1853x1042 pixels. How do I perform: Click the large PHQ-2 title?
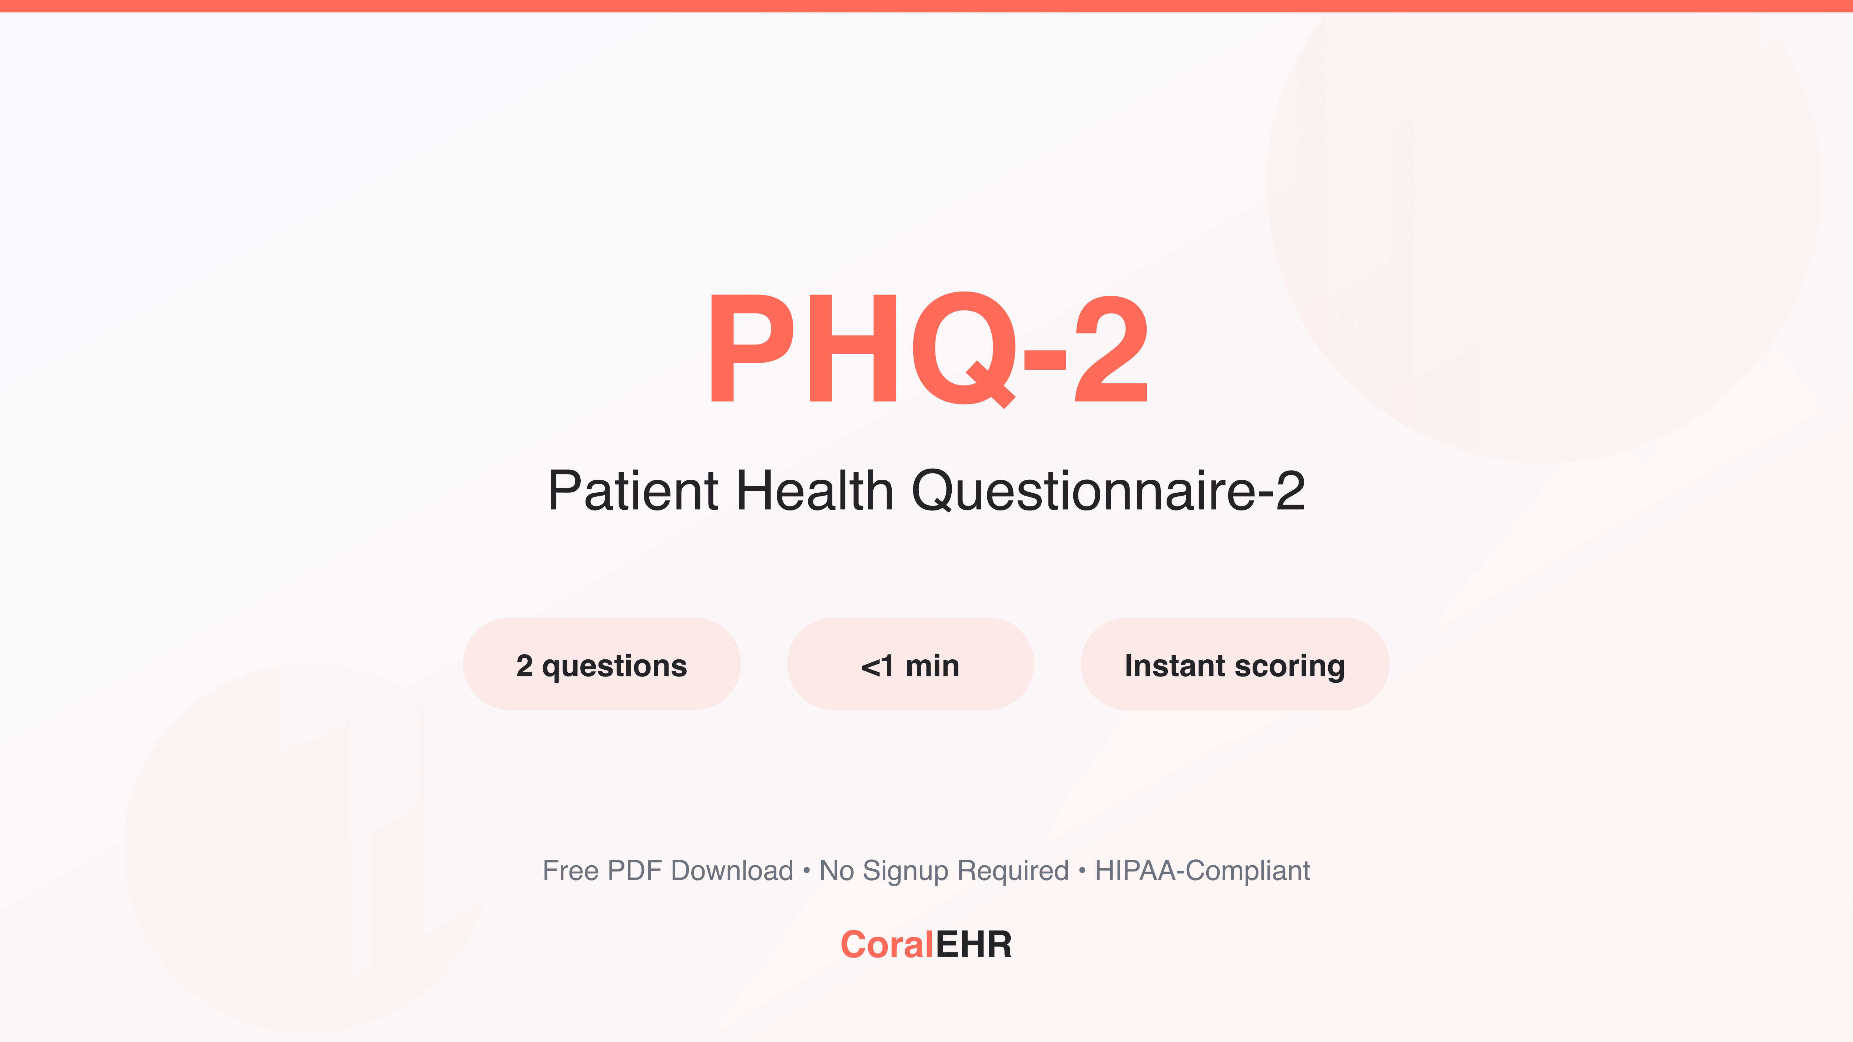click(x=928, y=349)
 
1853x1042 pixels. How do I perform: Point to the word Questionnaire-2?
click(x=1108, y=491)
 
